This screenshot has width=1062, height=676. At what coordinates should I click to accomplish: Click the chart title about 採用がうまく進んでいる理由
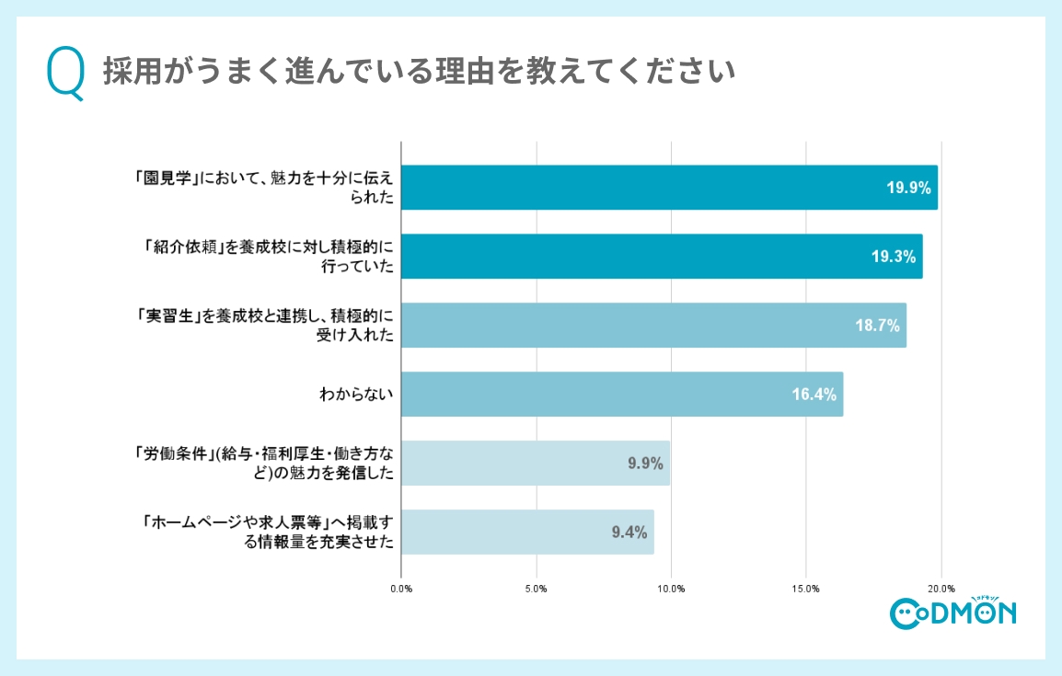click(418, 72)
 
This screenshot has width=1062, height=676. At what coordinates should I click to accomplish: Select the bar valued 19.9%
click(669, 188)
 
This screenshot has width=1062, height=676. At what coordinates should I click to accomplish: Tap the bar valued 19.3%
click(662, 257)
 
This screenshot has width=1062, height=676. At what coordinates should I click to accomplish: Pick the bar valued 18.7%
click(653, 326)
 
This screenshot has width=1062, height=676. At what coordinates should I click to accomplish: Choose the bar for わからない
click(622, 395)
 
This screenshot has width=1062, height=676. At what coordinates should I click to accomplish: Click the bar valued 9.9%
click(536, 464)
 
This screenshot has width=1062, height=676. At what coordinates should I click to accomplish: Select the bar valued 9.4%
click(528, 533)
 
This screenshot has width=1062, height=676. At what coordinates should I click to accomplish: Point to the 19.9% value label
click(908, 188)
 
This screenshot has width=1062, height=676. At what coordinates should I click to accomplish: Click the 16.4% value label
click(814, 395)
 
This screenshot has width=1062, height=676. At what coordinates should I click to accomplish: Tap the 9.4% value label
click(629, 533)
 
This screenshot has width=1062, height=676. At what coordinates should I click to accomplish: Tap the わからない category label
click(356, 395)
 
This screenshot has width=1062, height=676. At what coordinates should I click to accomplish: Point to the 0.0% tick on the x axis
click(401, 588)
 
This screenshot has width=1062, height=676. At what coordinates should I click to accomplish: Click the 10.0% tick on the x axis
click(671, 588)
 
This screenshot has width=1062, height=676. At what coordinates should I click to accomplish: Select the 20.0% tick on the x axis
click(941, 588)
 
